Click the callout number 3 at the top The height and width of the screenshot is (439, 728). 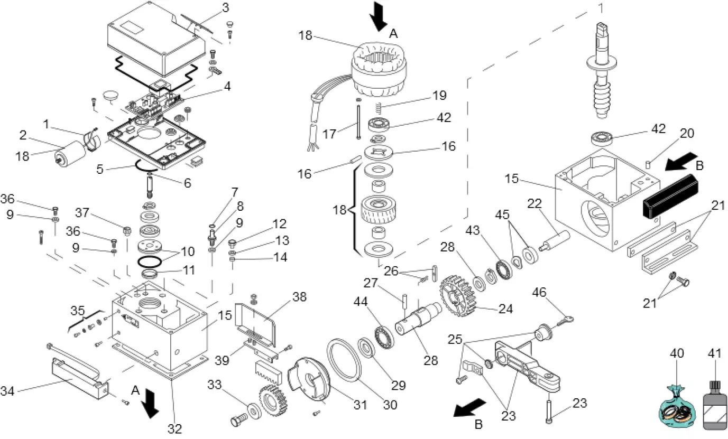tap(225, 8)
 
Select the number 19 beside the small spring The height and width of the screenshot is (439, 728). tap(439, 96)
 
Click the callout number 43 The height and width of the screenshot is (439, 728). tap(473, 231)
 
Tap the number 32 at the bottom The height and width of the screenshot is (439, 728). tap(174, 428)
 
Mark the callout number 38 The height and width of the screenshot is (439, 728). tap(299, 297)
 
